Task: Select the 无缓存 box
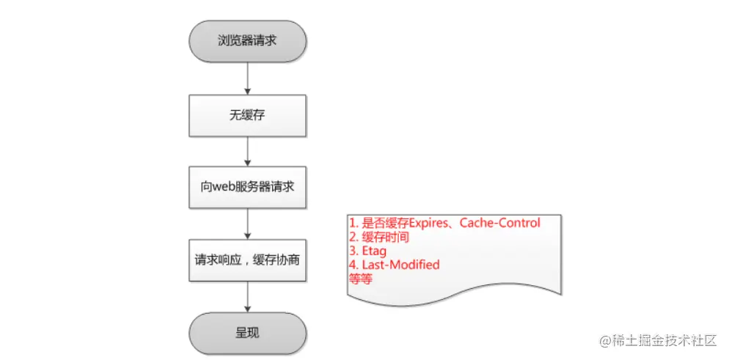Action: [249, 115]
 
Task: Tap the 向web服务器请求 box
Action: [249, 187]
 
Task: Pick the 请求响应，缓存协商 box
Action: [249, 260]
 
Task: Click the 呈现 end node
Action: [249, 332]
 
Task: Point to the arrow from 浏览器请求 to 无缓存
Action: [249, 79]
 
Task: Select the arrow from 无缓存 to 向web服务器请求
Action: [249, 151]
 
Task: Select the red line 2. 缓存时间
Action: [378, 237]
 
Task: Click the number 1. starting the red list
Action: [353, 223]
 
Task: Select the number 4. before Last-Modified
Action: [353, 265]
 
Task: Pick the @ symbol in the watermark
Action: [607, 341]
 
